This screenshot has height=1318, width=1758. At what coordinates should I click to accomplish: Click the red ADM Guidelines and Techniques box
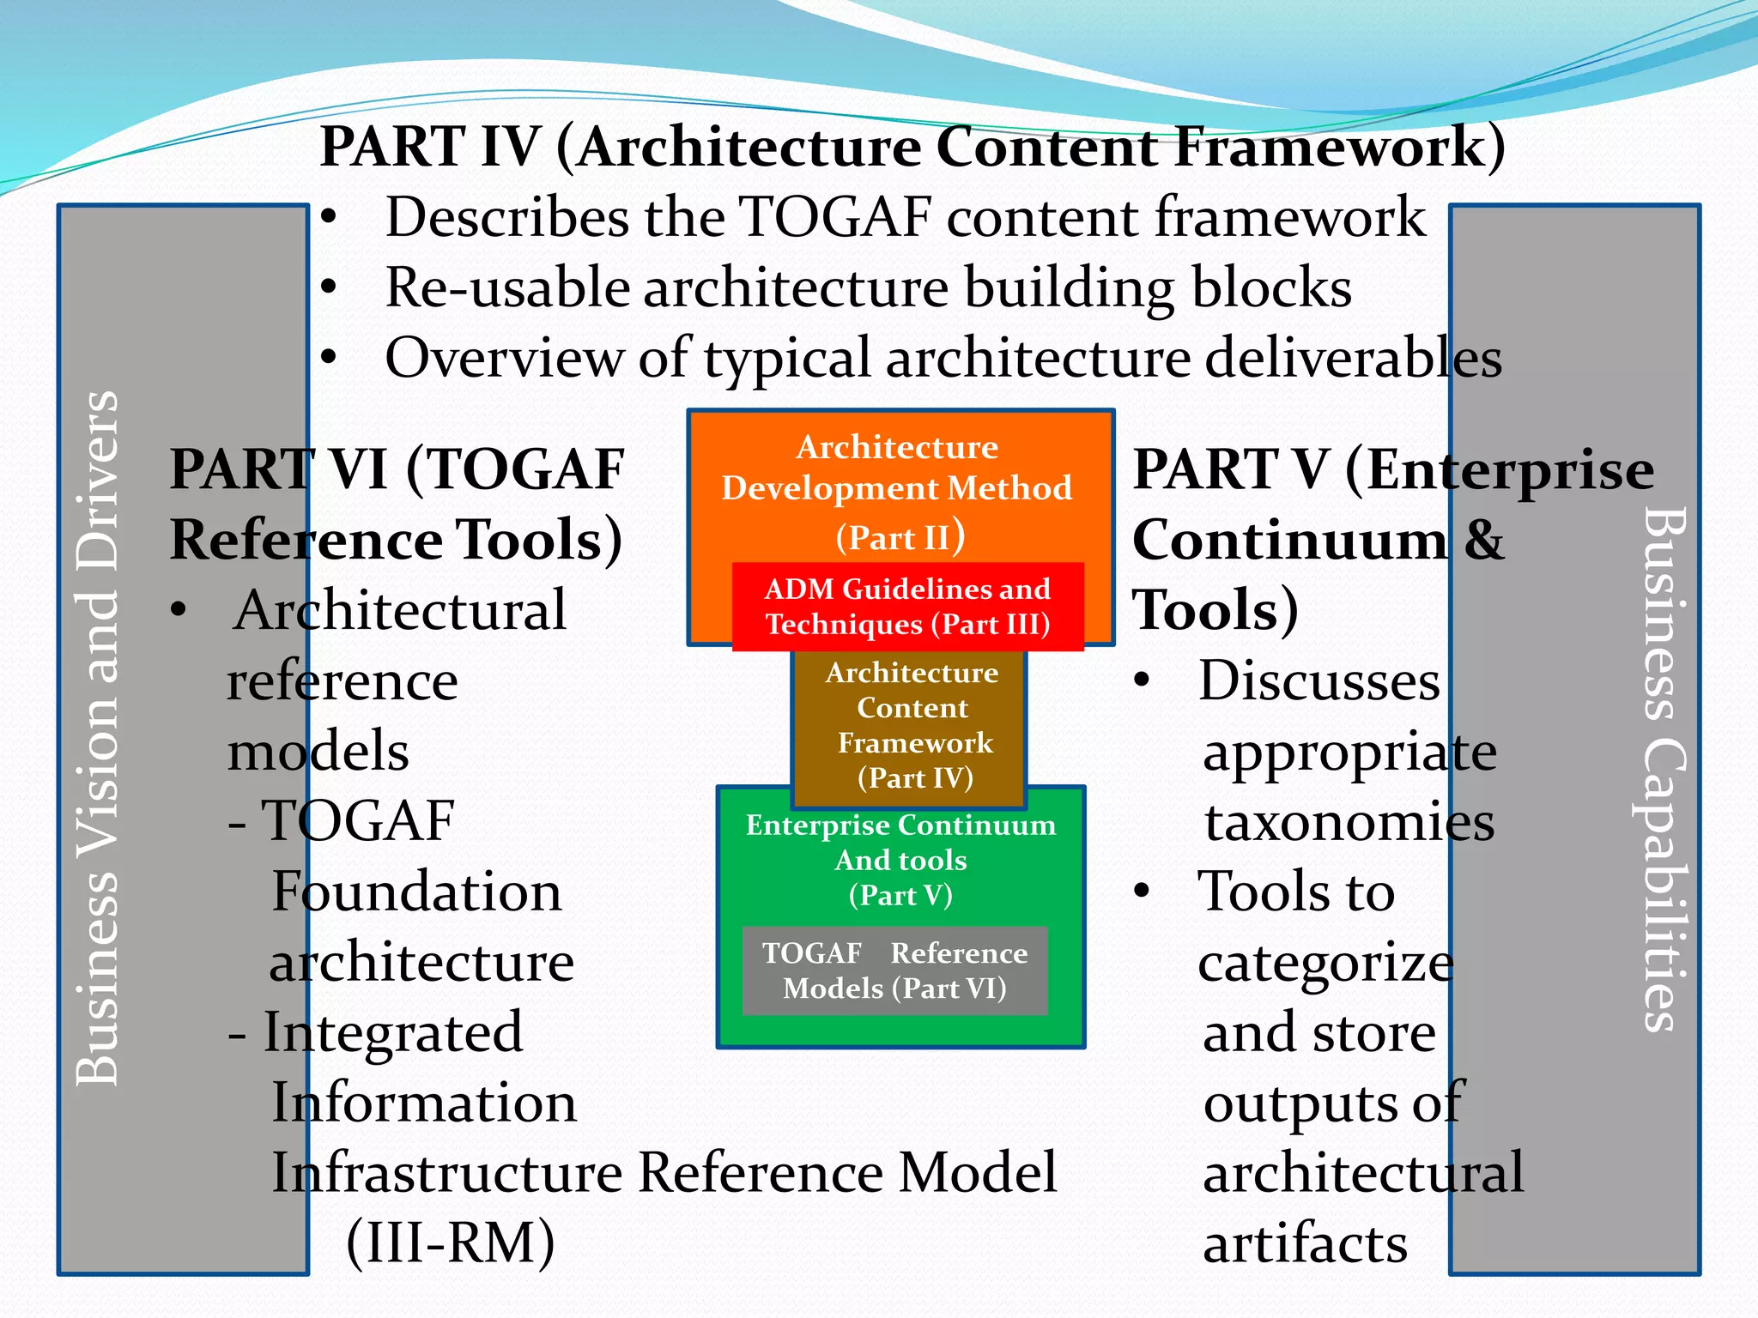(907, 606)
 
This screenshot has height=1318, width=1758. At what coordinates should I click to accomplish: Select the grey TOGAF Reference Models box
(894, 970)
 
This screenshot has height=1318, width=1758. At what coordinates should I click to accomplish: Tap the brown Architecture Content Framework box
(910, 725)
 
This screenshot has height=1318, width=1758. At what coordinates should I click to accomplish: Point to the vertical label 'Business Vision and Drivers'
(97, 738)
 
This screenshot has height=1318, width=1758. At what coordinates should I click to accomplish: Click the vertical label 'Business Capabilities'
(1664, 768)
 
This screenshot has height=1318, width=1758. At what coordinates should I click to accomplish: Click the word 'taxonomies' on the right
(1349, 821)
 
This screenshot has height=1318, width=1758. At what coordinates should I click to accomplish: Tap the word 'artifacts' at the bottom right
(1305, 1243)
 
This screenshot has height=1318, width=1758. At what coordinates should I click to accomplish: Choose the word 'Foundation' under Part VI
(416, 891)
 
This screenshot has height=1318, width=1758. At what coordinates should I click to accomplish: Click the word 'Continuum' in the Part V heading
(1289, 541)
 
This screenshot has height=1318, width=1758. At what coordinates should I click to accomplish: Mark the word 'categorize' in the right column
(1325, 963)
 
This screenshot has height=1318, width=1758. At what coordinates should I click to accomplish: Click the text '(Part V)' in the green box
(900, 895)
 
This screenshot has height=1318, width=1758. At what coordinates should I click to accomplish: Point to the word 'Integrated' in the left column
(392, 1031)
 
